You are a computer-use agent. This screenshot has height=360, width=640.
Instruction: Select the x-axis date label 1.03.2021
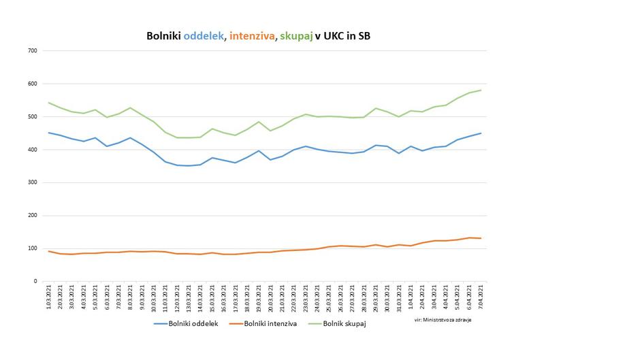tap(49, 297)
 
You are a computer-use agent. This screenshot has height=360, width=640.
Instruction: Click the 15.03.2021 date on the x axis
tap(212, 297)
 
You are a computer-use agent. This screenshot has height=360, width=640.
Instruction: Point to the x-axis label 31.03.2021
tap(399, 297)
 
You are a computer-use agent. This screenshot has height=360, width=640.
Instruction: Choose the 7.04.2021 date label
tap(481, 297)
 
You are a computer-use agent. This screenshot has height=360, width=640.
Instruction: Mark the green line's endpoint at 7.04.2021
tap(481, 91)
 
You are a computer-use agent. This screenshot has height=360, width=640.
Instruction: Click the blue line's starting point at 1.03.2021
tap(49, 133)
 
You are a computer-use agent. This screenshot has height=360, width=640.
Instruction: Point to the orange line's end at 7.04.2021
tap(481, 238)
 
